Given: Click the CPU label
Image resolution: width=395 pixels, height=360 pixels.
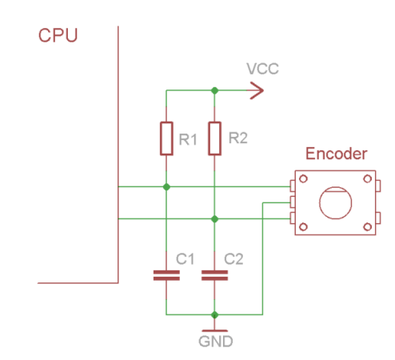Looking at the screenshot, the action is click(58, 35).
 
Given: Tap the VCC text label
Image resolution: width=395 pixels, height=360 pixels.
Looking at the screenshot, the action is click(262, 69).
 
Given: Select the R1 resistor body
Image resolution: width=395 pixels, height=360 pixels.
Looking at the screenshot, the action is click(166, 138).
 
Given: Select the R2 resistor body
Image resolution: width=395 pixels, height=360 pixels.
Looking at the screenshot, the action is click(214, 138).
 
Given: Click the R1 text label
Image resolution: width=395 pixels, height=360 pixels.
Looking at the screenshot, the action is click(188, 139).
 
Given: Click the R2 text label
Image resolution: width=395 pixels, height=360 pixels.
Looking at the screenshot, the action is click(238, 138).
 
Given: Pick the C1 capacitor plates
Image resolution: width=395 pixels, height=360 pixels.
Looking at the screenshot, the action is click(166, 275).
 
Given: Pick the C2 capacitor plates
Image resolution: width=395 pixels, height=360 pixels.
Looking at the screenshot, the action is click(214, 275).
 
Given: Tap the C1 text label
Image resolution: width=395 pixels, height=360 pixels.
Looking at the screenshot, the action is click(185, 259).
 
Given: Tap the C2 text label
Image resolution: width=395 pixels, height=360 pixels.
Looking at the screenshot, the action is click(233, 259).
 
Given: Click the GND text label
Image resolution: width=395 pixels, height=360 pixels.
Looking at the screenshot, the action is click(216, 342).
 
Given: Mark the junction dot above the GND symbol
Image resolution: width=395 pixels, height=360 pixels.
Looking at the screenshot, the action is click(214, 315).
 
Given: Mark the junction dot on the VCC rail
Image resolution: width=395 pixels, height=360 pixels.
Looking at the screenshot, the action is click(214, 90).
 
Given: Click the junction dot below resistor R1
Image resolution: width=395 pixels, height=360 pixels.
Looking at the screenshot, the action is click(166, 187).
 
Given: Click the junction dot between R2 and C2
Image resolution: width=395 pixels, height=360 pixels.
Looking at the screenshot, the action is click(214, 219).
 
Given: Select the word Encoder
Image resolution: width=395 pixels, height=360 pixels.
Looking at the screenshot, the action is click(337, 154).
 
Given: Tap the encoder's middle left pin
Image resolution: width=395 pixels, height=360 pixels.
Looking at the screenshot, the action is click(293, 202).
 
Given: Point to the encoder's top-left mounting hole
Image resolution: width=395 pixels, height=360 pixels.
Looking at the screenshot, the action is click(303, 178).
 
